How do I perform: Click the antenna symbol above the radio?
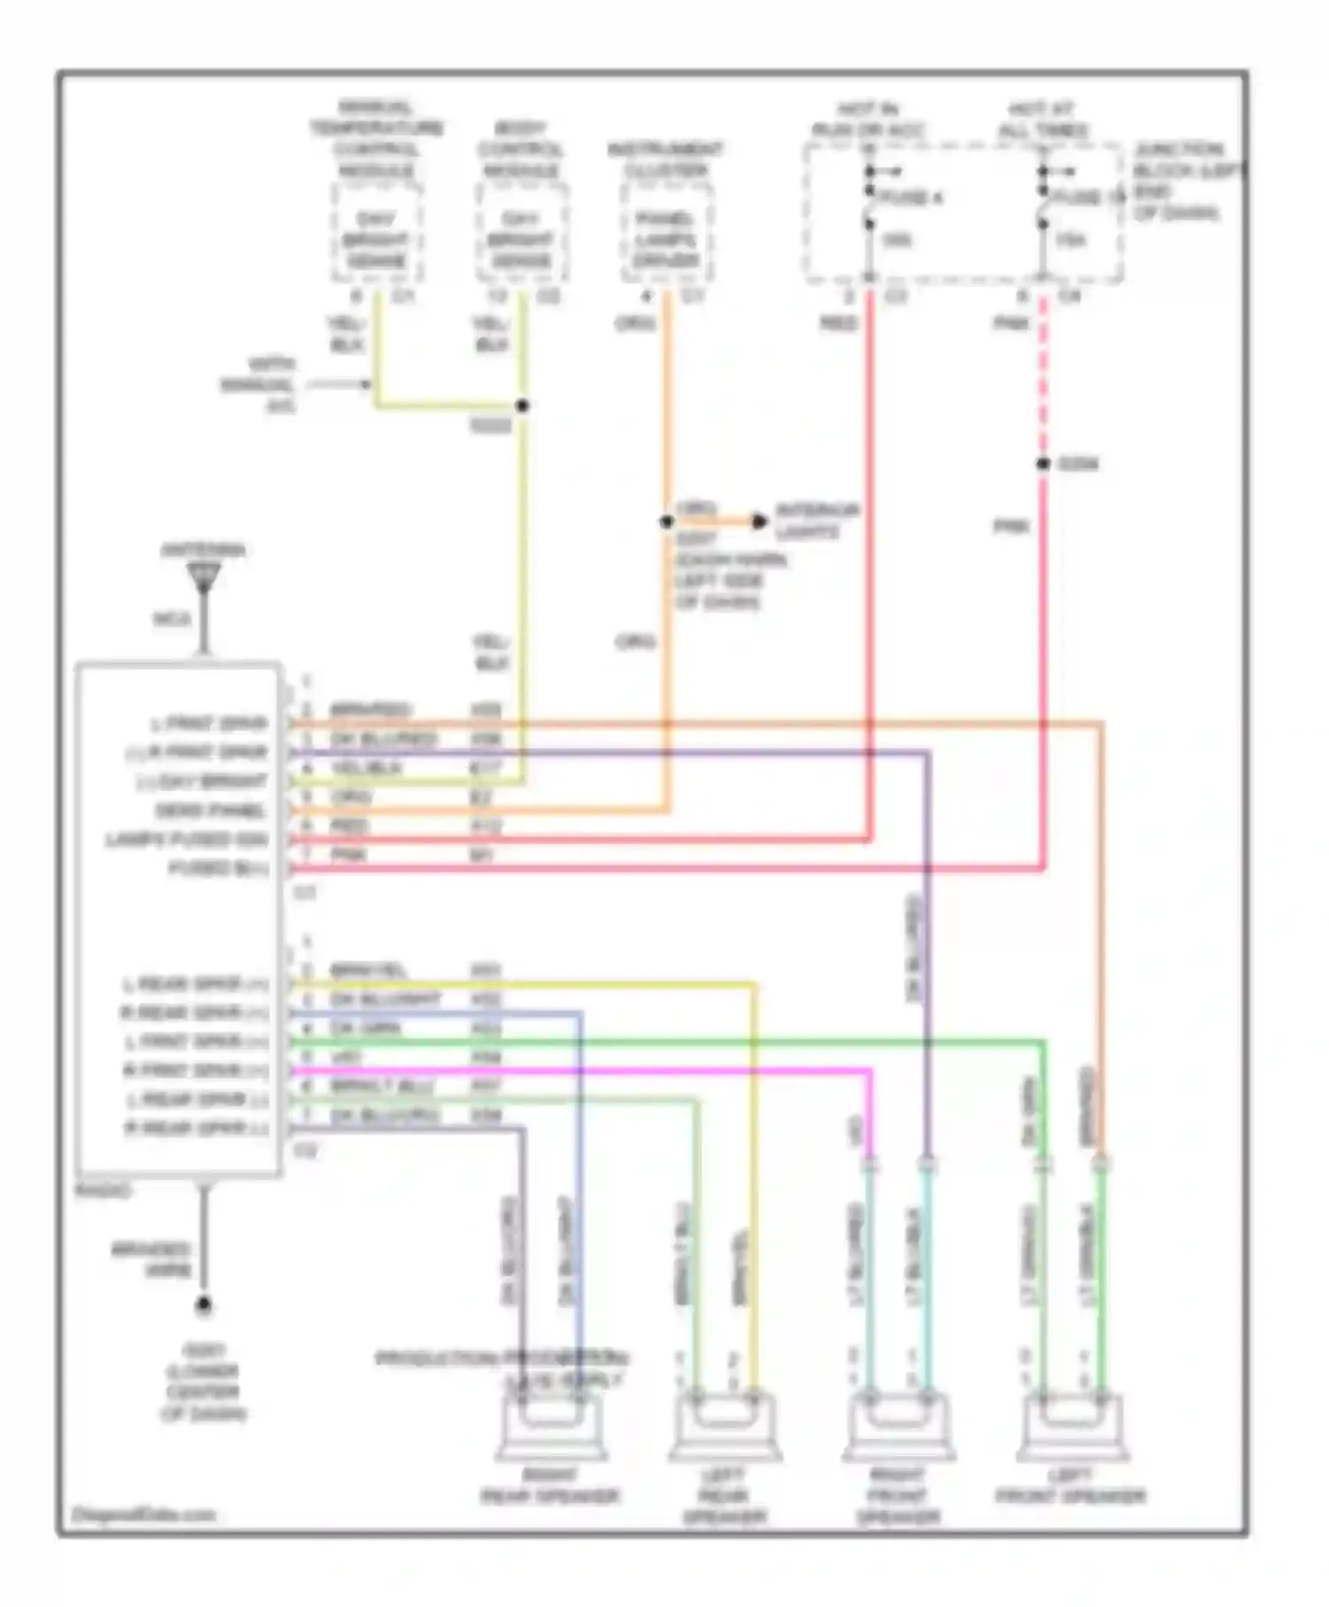(204, 578)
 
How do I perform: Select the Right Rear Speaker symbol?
(550, 1425)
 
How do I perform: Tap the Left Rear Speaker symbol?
(724, 1425)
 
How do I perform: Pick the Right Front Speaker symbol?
(898, 1425)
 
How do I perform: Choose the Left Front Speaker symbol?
(1071, 1425)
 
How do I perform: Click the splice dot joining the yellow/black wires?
(523, 406)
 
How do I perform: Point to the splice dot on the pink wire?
(1043, 463)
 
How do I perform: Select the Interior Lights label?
(816, 522)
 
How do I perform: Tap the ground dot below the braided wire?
(204, 1304)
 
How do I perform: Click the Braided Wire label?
(152, 1259)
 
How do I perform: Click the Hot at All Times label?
(1043, 120)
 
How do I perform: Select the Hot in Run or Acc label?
(868, 120)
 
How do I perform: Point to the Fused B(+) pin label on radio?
(218, 869)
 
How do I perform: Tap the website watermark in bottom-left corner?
(144, 1514)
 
